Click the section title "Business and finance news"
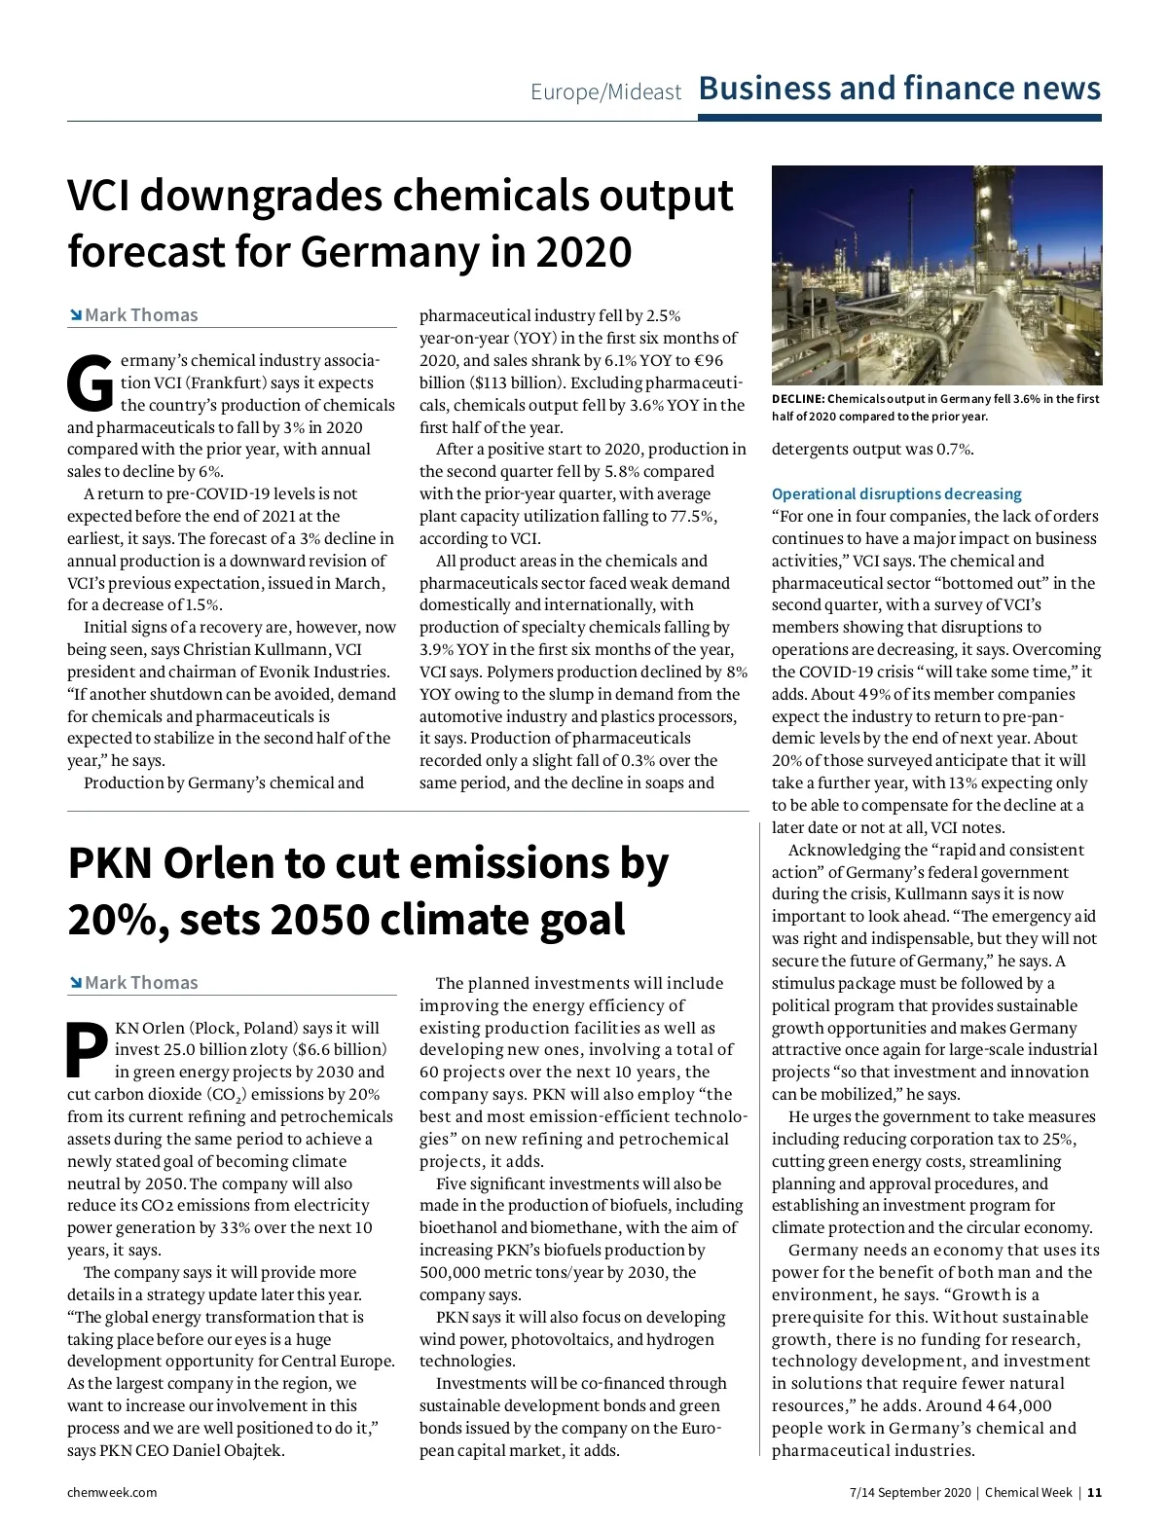pos(899,89)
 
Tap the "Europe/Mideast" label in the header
pos(605,92)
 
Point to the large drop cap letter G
pos(90,382)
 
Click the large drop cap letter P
pos(88,1049)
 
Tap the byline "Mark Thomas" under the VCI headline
pos(141,315)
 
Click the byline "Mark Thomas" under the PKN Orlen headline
pos(141,983)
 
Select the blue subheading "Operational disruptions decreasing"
pos(896,494)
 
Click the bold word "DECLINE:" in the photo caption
pos(798,399)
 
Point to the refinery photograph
pos(936,275)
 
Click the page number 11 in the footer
pos(1095,1492)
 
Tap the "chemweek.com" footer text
pos(112,1492)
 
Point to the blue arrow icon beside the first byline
pos(75,315)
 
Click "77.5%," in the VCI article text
pos(693,517)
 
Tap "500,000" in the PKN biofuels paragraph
pos(451,1272)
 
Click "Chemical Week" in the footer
pos(1029,1492)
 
